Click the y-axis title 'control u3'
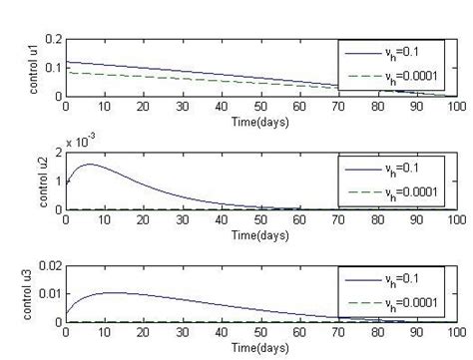[33, 296]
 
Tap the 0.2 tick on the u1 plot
[53, 39]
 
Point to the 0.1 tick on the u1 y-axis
[53, 67]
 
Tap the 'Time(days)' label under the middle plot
[261, 235]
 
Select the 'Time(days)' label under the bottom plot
[261, 348]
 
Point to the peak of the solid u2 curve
[89, 164]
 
